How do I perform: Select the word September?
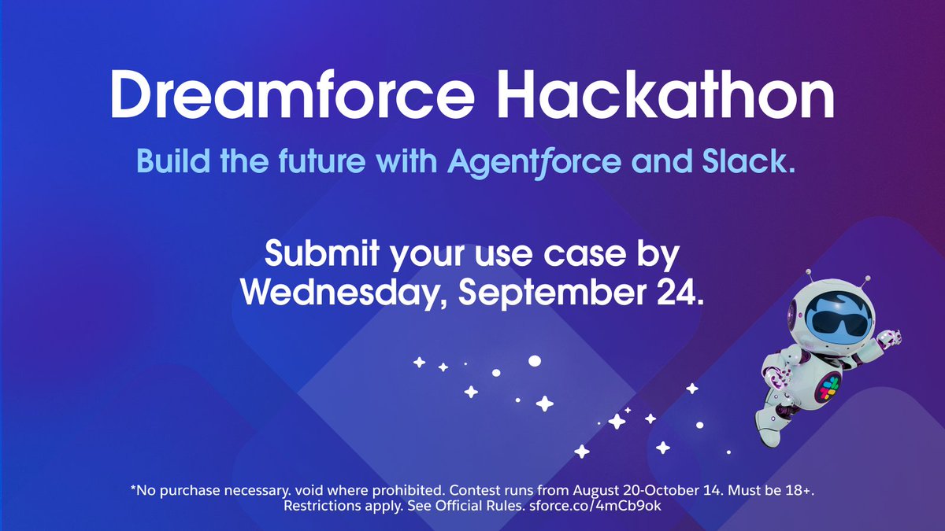click(x=551, y=293)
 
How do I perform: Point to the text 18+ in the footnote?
click(x=798, y=490)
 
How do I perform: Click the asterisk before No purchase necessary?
click(x=134, y=489)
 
